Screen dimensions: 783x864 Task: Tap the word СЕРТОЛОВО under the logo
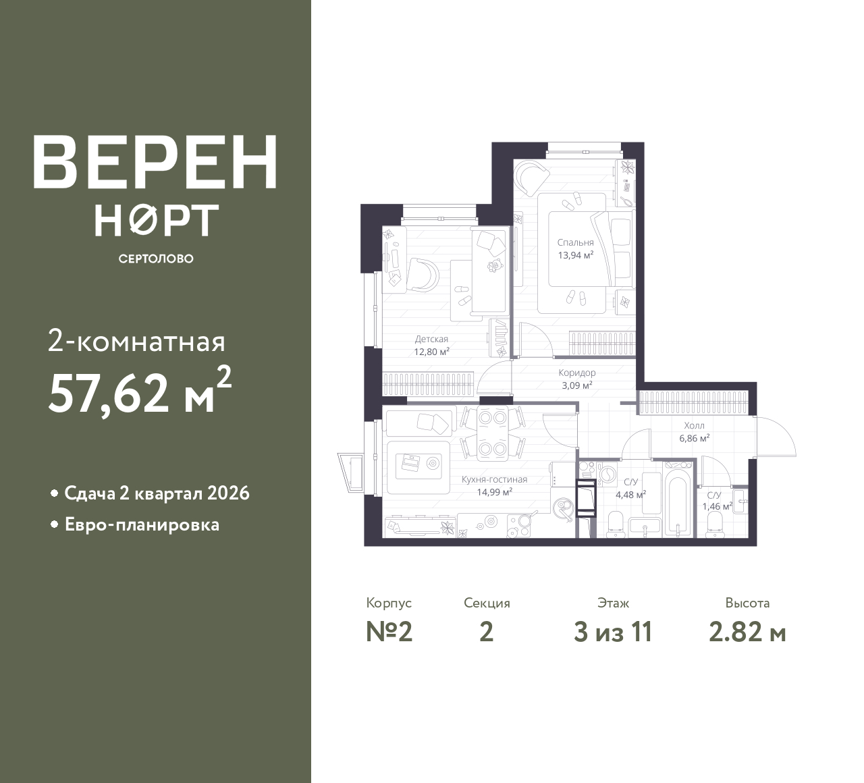pyautogui.click(x=156, y=259)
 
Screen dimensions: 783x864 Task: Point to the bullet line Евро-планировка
pyautogui.click(x=142, y=524)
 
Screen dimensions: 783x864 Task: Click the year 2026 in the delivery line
pyautogui.click(x=228, y=493)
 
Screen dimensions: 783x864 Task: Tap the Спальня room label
pyautogui.click(x=575, y=242)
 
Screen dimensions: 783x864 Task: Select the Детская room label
pyautogui.click(x=431, y=340)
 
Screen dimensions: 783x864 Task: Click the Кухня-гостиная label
pyautogui.click(x=494, y=479)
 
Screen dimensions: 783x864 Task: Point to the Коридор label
pyautogui.click(x=577, y=373)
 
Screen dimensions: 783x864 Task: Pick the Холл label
pyautogui.click(x=694, y=426)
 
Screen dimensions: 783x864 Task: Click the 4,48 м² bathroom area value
pyautogui.click(x=630, y=493)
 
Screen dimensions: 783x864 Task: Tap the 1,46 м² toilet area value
pyautogui.click(x=717, y=506)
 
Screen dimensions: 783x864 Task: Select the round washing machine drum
pyautogui.click(x=607, y=475)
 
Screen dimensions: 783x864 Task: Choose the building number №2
pyautogui.click(x=389, y=632)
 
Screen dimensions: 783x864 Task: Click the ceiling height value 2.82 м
pyautogui.click(x=747, y=632)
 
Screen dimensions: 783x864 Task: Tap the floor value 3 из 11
pyautogui.click(x=613, y=632)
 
